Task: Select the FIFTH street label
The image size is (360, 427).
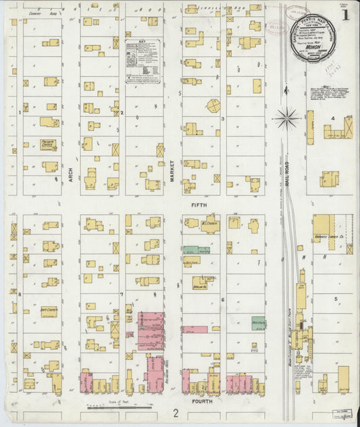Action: tap(199, 204)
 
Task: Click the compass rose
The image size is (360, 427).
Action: tap(288, 118)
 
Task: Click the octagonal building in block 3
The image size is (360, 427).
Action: tap(213, 106)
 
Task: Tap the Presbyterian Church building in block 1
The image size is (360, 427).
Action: tap(49, 145)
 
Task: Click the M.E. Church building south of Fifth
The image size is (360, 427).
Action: tap(209, 224)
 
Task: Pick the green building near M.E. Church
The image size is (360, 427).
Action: tap(196, 250)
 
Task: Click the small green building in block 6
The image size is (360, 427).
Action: tap(258, 323)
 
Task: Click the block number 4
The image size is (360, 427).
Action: tap(332, 118)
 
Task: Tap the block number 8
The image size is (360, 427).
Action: tap(20, 295)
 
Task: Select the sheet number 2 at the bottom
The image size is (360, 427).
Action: tap(175, 411)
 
